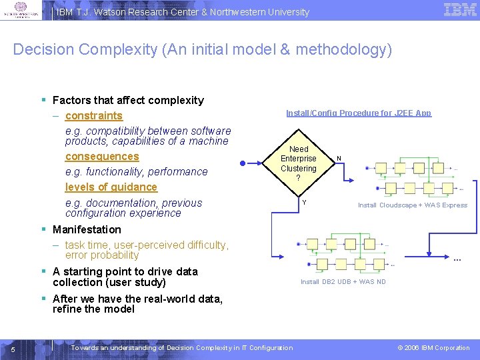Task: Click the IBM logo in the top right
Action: tap(460, 9)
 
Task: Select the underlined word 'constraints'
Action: tap(94, 116)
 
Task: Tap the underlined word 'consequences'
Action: tap(102, 157)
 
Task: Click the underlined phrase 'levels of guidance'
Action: tap(111, 187)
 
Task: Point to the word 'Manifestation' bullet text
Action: tap(87, 229)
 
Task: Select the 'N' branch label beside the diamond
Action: tap(339, 159)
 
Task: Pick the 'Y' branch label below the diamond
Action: tap(303, 203)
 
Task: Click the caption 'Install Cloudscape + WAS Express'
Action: tap(413, 205)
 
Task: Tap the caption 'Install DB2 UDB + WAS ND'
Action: tap(343, 282)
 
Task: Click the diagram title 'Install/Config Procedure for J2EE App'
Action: tap(359, 113)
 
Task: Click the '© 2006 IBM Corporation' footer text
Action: tap(433, 347)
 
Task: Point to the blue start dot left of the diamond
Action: tap(243, 162)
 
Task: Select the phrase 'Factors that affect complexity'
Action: tap(128, 100)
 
